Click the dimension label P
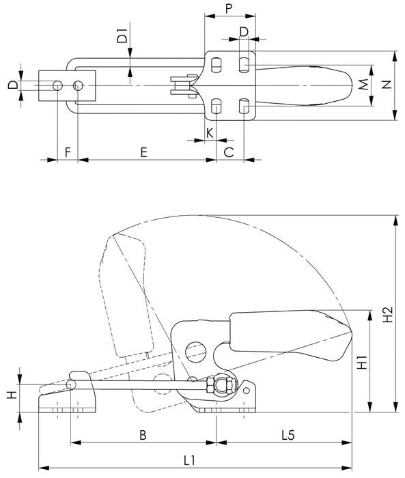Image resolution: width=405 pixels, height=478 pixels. pos(229,10)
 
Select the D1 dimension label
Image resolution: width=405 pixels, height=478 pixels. pos(122,38)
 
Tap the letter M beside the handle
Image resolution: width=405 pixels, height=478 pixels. pos(363,85)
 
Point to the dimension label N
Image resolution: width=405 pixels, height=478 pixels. pos(387,85)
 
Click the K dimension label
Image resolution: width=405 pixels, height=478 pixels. pos(209,131)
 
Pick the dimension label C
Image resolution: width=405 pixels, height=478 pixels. pos(229,152)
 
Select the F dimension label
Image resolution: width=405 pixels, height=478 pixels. pos(67,152)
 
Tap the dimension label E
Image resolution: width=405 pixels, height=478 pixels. pos(144,152)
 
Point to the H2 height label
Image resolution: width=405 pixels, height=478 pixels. pos(387,315)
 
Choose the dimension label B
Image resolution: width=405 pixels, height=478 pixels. pos(142,435)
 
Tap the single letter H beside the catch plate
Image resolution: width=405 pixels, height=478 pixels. pos(12,395)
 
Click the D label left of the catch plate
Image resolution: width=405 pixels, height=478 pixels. pos(12,85)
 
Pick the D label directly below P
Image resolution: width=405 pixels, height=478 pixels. pos(244,32)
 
